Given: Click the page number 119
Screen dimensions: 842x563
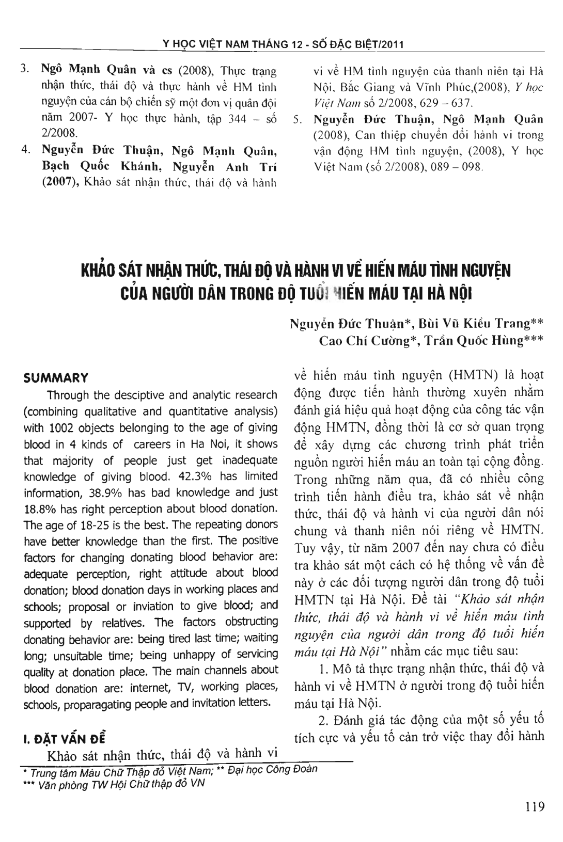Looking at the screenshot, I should (534, 806).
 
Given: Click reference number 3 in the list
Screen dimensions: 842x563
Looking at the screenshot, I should (24, 69).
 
